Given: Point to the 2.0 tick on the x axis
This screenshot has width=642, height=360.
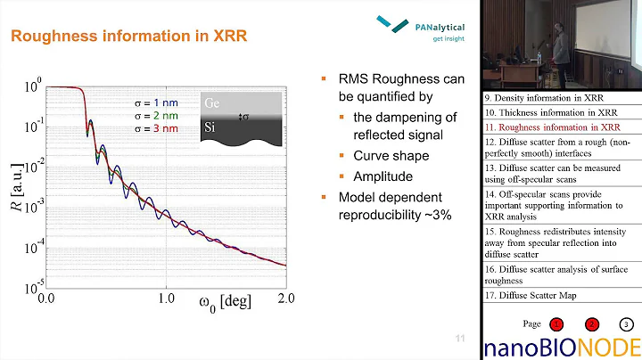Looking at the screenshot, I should pyautogui.click(x=285, y=300).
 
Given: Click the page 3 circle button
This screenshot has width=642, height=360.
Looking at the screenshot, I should pyautogui.click(x=626, y=324).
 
